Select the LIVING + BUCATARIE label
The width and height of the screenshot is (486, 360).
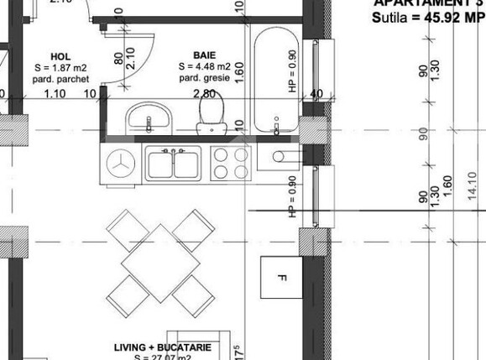tap(162, 347)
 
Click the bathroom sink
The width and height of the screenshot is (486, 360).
tap(149, 116)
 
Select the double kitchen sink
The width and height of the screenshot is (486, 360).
tap(174, 162)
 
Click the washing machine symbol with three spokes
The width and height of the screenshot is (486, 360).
tap(121, 162)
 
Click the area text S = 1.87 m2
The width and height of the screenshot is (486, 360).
tap(61, 67)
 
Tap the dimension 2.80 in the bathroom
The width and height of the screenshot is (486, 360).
tap(205, 94)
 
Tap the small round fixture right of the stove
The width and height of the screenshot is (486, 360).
tap(279, 155)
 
